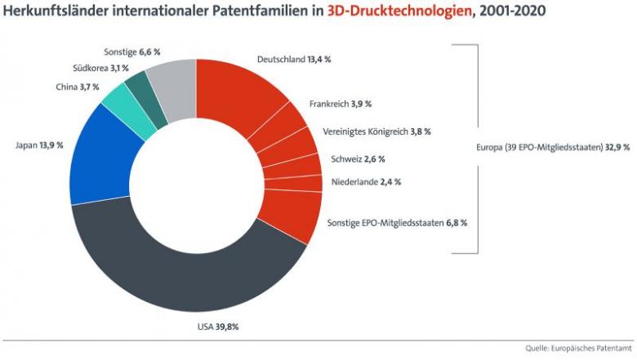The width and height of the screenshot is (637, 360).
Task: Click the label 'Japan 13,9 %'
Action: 39,144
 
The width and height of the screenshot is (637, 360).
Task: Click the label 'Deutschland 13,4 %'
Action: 294,60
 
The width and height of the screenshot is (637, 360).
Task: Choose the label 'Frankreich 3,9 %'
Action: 341,104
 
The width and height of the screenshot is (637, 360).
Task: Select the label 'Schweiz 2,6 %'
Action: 358,158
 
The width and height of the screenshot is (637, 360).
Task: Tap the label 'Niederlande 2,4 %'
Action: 367,181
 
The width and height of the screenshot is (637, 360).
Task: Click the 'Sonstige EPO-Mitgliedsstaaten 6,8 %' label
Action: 397,222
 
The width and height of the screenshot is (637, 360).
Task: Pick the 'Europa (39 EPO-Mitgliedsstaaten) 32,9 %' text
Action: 552,148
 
